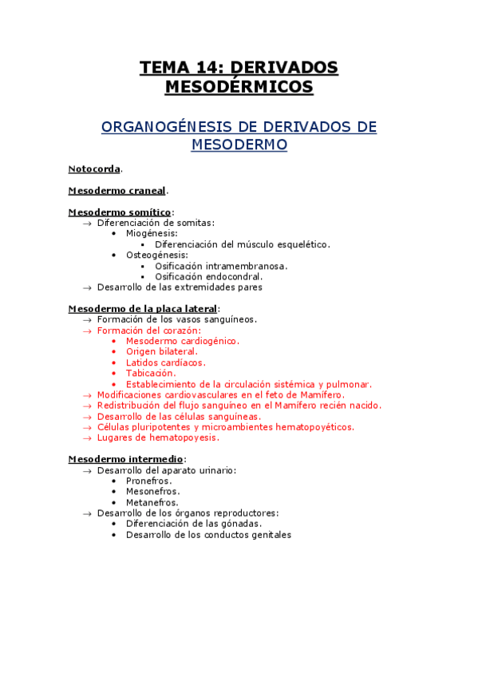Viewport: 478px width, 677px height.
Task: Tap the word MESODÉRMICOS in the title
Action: click(x=239, y=87)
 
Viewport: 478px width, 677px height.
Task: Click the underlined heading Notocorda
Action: click(x=94, y=169)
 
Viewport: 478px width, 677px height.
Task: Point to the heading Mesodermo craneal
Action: click(x=117, y=191)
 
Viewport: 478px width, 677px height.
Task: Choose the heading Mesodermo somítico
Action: click(x=119, y=212)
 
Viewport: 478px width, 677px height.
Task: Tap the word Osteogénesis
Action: click(x=156, y=255)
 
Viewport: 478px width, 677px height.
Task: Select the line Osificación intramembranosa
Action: click(x=221, y=266)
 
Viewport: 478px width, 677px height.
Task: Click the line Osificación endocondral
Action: click(x=208, y=276)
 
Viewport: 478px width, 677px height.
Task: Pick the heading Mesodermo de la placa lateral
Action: click(x=142, y=308)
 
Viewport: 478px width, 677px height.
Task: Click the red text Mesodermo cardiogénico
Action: click(x=182, y=341)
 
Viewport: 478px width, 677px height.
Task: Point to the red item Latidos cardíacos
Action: click(x=165, y=362)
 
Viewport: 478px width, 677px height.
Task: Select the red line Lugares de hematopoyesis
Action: click(x=157, y=437)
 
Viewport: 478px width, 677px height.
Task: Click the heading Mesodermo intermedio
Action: click(x=126, y=459)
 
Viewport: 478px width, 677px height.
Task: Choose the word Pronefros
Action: click(x=148, y=481)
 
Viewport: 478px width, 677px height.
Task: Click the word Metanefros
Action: click(x=152, y=502)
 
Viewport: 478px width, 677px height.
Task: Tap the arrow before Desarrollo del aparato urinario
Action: click(x=87, y=470)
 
